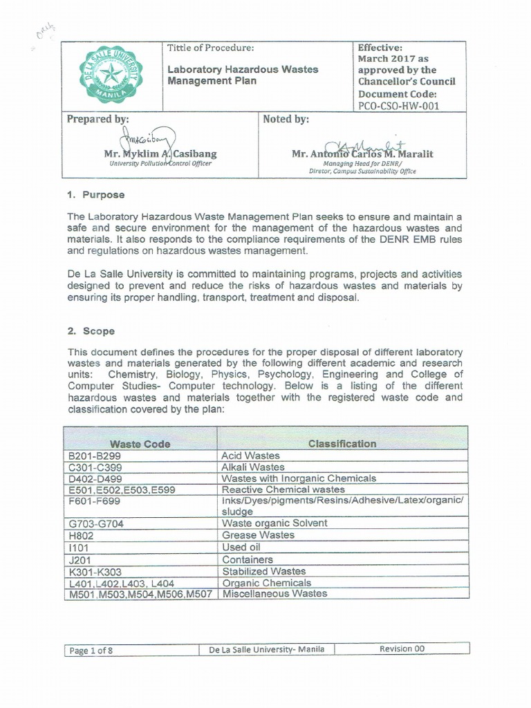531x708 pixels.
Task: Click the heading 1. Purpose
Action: (96, 195)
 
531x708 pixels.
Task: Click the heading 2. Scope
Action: (91, 331)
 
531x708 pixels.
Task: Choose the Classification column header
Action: (342, 443)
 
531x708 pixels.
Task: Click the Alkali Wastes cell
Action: (252, 467)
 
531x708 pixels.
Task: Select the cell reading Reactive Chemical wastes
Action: (283, 490)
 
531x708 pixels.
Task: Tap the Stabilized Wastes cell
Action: (263, 571)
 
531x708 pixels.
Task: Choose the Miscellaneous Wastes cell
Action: (274, 593)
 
